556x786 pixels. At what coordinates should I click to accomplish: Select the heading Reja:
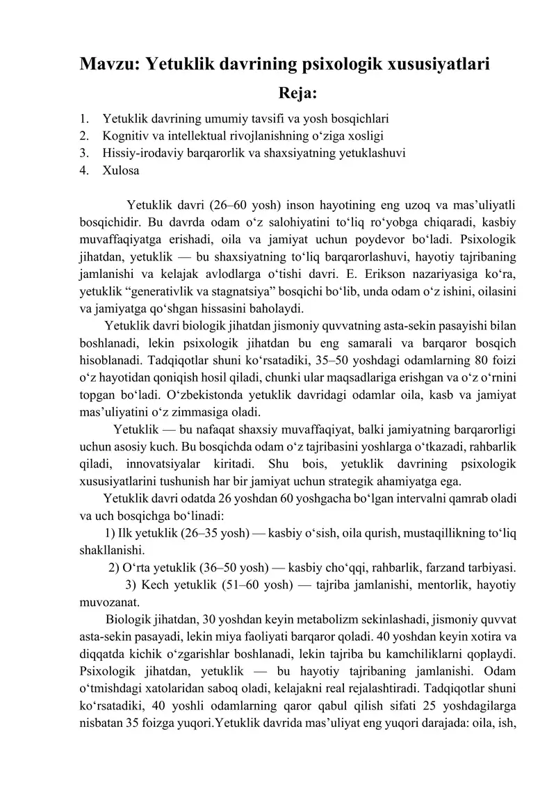(x=297, y=93)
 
